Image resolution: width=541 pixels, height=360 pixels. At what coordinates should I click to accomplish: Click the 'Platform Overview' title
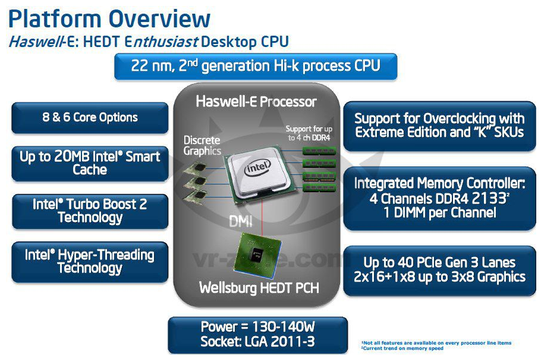coord(109,18)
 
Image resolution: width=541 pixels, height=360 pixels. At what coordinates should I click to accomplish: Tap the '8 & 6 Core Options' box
coord(90,118)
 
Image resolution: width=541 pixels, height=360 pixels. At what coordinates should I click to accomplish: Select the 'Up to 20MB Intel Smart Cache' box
coord(90,164)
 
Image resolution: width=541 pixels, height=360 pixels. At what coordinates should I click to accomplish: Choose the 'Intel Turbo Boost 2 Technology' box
coord(90,211)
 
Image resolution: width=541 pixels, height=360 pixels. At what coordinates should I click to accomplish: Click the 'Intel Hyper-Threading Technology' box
coord(90,262)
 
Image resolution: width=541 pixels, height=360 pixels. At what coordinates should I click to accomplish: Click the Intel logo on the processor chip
coord(257,168)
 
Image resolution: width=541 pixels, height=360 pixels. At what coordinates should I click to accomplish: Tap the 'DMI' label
coord(241,221)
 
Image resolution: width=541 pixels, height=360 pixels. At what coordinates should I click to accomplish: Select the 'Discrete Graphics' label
coord(202,145)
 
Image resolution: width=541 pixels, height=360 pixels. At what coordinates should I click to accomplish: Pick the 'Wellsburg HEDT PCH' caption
coord(259,288)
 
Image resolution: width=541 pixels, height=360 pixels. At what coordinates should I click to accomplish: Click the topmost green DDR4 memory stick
coord(319,151)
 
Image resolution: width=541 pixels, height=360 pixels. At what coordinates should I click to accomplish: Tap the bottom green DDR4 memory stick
coord(319,187)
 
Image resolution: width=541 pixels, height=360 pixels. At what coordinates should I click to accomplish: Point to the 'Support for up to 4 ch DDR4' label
coord(309,133)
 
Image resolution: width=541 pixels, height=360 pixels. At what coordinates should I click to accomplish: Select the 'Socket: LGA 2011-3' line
coord(257,342)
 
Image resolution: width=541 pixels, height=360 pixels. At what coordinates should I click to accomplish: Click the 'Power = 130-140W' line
coord(258,327)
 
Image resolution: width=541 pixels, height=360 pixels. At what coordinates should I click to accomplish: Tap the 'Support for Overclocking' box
coord(439,126)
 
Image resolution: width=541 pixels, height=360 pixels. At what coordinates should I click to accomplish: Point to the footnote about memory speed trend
coord(402,348)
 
